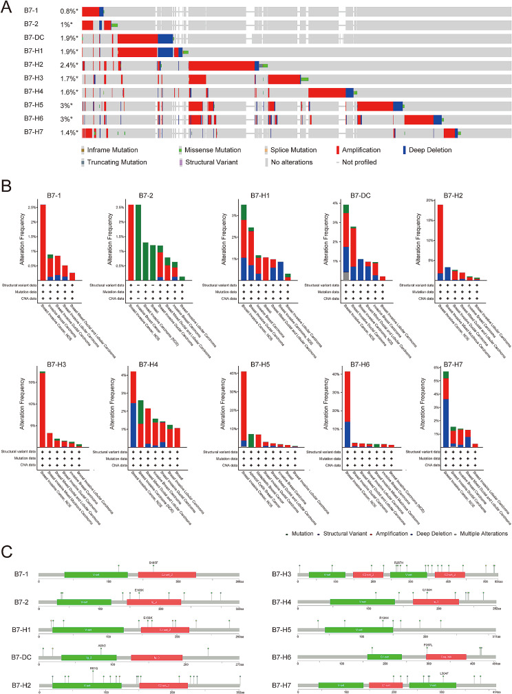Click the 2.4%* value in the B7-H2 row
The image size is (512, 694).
pyautogui.click(x=68, y=66)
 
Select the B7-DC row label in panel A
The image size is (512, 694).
pyautogui.click(x=34, y=39)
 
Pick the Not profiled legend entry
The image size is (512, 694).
pyautogui.click(x=370, y=162)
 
